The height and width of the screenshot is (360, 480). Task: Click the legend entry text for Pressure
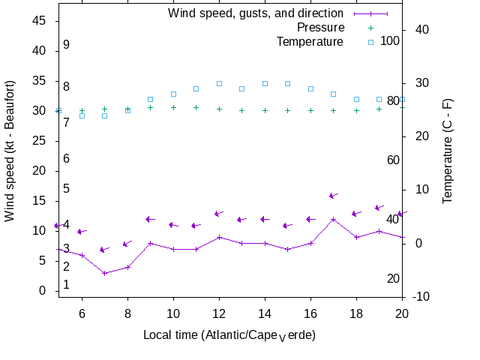click(320, 28)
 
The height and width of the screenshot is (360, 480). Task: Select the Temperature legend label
click(310, 42)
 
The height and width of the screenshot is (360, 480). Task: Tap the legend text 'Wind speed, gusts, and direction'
click(256, 13)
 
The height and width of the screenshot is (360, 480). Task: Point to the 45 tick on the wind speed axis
click(39, 21)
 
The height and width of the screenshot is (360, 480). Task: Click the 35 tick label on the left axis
click(39, 81)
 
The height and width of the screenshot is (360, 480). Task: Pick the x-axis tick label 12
click(219, 313)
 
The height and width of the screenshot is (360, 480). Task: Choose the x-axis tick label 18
click(356, 313)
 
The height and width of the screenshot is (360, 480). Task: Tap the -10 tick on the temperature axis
click(421, 297)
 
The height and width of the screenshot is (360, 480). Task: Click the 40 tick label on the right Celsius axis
click(421, 29)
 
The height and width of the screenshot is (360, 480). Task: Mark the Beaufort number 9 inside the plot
click(66, 45)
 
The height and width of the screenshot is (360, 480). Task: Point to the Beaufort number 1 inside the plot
click(66, 285)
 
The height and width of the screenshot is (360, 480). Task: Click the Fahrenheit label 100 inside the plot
click(390, 40)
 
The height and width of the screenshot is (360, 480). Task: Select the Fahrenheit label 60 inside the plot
click(393, 160)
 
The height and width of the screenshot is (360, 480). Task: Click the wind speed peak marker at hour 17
click(334, 219)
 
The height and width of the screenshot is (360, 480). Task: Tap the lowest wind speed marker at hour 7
click(105, 273)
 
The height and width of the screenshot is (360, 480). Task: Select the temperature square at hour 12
click(219, 83)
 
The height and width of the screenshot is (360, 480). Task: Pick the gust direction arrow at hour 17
click(334, 196)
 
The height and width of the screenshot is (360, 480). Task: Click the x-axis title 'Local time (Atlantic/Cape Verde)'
click(229, 334)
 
